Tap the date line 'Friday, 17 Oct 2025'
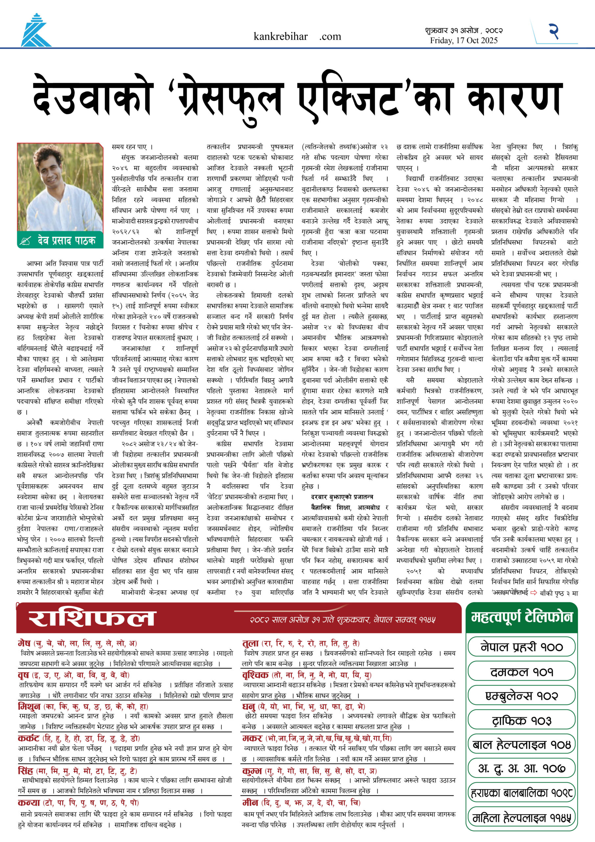(x=464, y=41)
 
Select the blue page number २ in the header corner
(x=554, y=31)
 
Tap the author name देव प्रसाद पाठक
(x=66, y=240)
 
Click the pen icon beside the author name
(x=26, y=241)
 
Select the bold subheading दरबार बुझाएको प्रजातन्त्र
(x=342, y=497)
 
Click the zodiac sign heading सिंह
(x=25, y=771)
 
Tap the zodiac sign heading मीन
(x=250, y=803)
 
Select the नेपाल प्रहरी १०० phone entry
(x=521, y=647)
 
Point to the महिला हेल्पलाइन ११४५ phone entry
(x=521, y=818)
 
